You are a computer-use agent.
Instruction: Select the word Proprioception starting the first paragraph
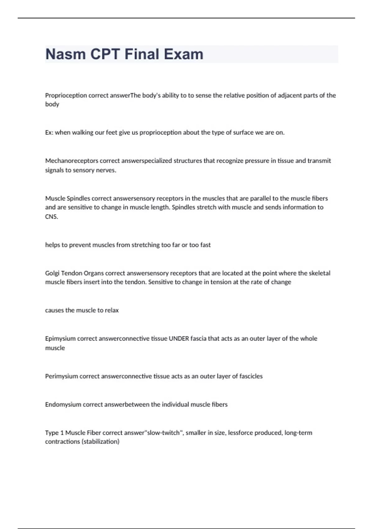pyautogui.click(x=66, y=96)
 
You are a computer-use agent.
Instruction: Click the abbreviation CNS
pyautogui.click(x=51, y=217)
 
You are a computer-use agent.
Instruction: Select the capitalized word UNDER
pyautogui.click(x=179, y=339)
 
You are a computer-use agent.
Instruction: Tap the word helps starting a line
pyautogui.click(x=52, y=245)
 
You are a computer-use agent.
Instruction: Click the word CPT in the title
pyautogui.click(x=105, y=54)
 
